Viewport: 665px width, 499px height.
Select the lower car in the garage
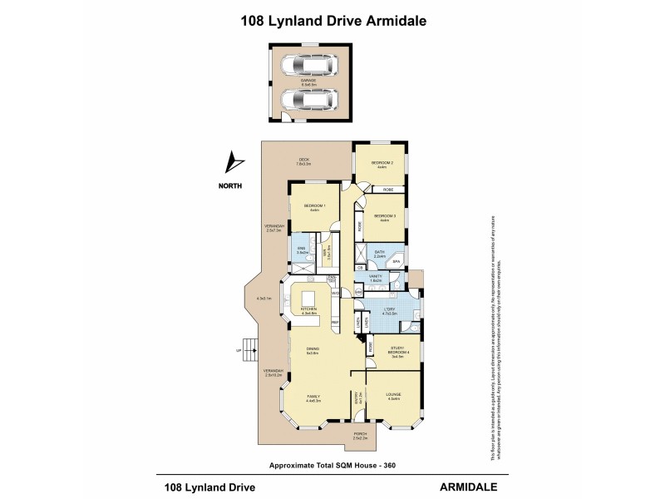click(306, 100)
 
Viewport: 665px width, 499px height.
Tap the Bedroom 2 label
click(382, 164)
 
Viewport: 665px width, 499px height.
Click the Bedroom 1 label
click(314, 207)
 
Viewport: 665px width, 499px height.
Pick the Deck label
click(305, 161)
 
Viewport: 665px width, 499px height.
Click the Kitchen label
click(308, 310)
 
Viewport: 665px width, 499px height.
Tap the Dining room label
click(313, 351)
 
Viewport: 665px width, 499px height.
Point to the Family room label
click(313, 397)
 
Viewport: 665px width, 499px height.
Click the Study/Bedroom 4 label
click(397, 352)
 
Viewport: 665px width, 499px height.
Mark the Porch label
click(360, 435)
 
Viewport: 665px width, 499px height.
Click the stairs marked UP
click(248, 347)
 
